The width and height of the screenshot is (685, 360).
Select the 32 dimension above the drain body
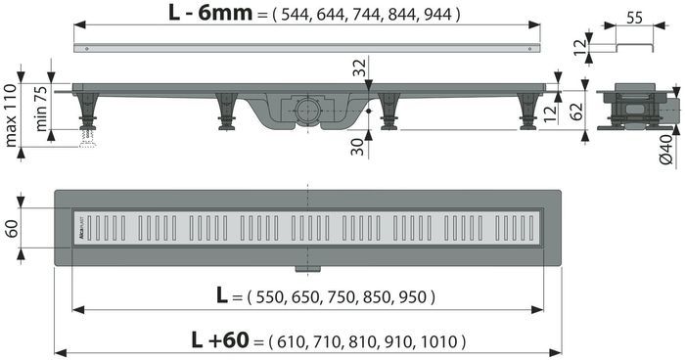coord(361,67)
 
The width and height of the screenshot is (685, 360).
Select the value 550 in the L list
coord(269,296)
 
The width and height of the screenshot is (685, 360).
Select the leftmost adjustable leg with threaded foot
coord(89,115)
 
